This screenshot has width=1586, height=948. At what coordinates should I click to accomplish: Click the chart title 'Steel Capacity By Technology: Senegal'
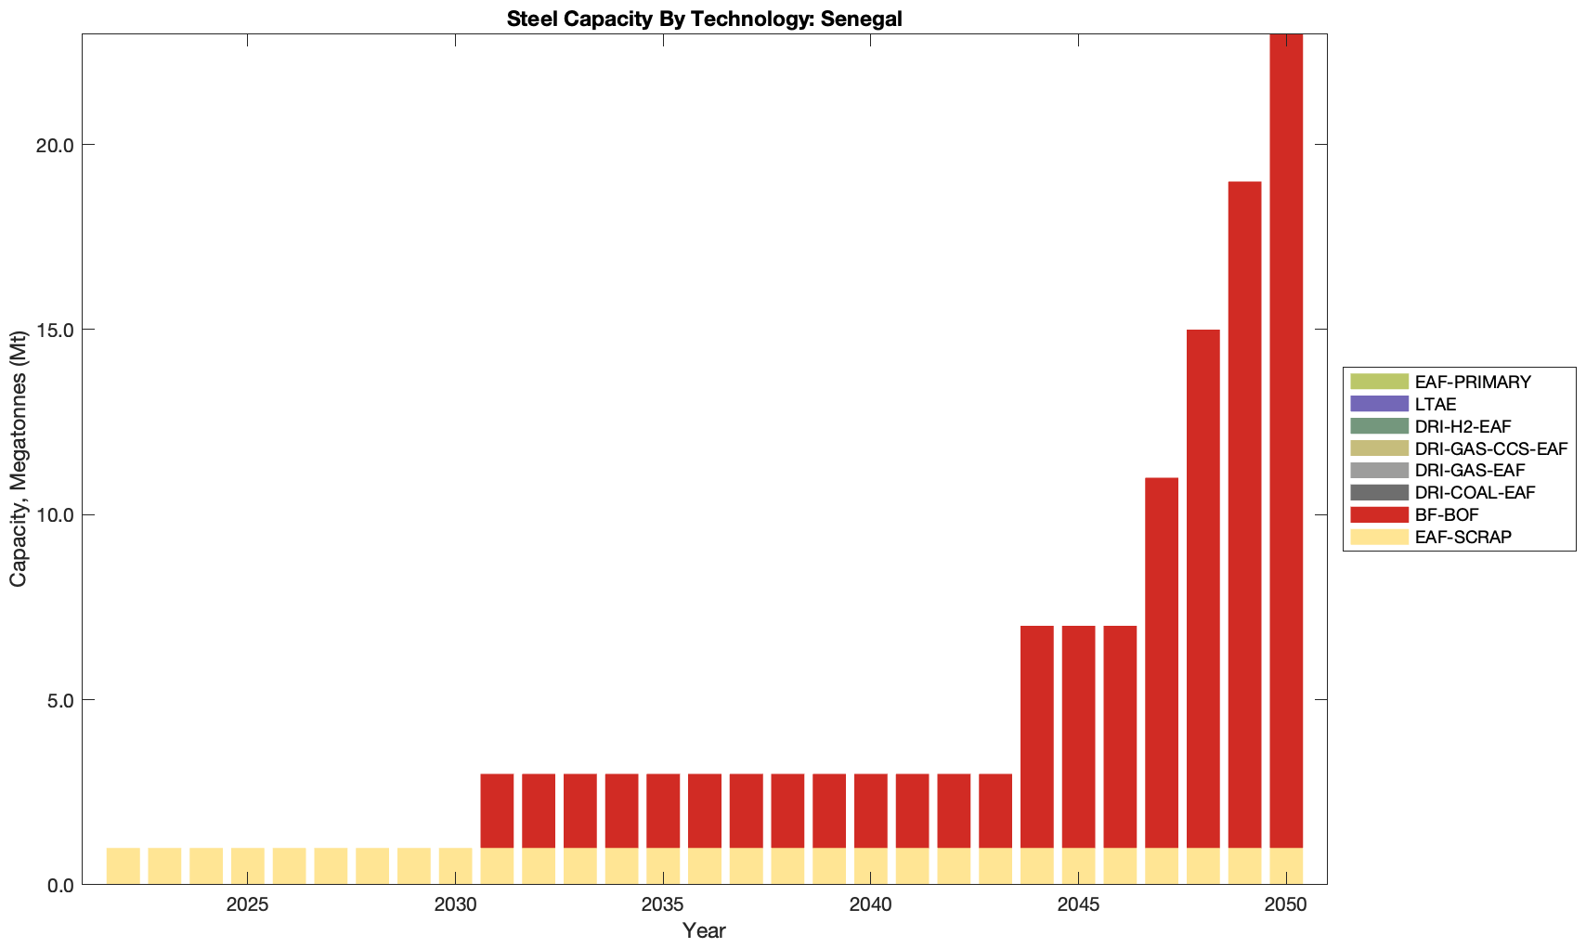(x=704, y=19)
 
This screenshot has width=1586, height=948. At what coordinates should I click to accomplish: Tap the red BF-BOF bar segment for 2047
(x=1162, y=663)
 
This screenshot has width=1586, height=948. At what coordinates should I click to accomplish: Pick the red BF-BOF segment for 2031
(x=497, y=811)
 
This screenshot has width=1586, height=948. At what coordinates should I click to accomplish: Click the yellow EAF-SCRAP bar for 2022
(x=123, y=866)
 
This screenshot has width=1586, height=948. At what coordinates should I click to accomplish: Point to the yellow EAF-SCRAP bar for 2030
(x=455, y=866)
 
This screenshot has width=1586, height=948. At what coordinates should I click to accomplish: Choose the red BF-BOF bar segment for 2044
(x=1037, y=737)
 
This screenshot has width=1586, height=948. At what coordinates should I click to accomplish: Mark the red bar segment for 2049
(x=1244, y=515)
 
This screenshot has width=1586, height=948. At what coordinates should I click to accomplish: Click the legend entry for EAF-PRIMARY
(x=1473, y=382)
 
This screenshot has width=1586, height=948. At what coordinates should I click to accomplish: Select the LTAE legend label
(x=1436, y=404)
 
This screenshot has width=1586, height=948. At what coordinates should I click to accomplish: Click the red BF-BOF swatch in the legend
(x=1379, y=514)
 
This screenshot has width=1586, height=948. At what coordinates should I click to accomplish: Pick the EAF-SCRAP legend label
(x=1463, y=537)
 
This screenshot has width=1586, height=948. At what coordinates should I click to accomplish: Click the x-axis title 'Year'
(x=704, y=930)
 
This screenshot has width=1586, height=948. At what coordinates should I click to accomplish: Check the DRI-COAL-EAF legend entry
(x=1475, y=492)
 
